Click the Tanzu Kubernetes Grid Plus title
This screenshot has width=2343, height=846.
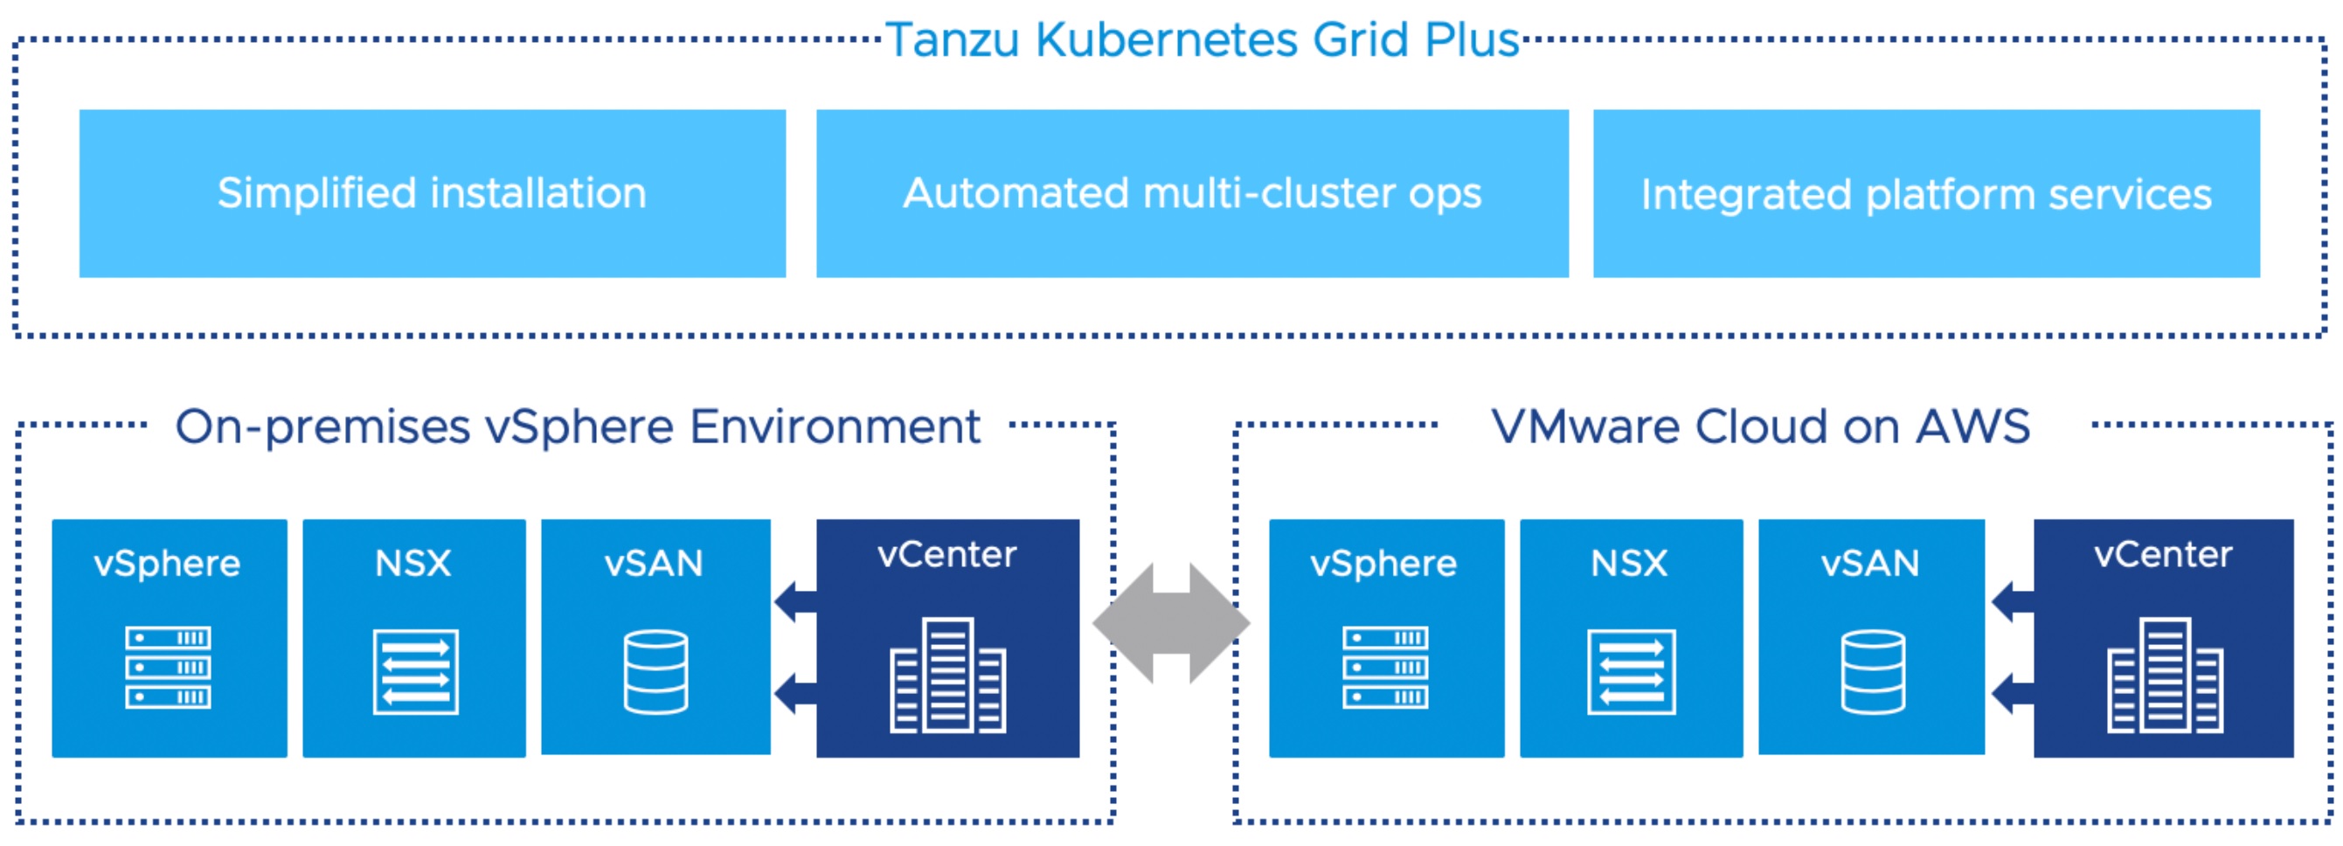click(x=1203, y=40)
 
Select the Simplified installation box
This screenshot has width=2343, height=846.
click(x=432, y=193)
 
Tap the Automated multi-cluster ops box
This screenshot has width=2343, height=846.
click(x=1191, y=193)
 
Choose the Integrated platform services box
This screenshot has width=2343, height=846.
click(x=1925, y=193)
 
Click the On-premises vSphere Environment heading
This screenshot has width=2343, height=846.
click(x=578, y=426)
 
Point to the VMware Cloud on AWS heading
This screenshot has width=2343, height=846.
click(x=1760, y=426)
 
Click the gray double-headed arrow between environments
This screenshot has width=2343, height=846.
click(x=1171, y=623)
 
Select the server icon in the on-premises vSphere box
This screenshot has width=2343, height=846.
click(x=169, y=667)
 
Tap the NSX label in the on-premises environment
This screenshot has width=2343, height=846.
click(x=413, y=563)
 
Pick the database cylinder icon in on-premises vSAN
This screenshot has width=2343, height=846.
click(x=655, y=671)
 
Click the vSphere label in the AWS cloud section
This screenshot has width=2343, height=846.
click(x=1383, y=564)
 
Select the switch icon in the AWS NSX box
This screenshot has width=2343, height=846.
click(x=1632, y=671)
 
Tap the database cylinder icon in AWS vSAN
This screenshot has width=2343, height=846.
click(x=1873, y=671)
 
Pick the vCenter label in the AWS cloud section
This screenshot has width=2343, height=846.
click(x=2163, y=554)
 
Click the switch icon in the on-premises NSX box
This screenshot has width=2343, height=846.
click(x=416, y=671)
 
